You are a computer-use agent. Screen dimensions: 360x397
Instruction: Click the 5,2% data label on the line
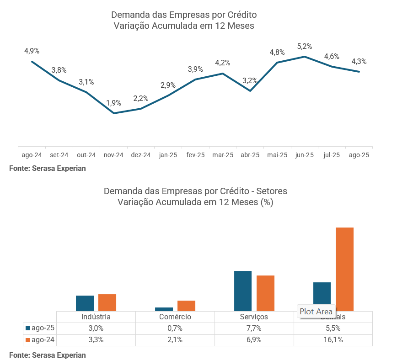point(305,46)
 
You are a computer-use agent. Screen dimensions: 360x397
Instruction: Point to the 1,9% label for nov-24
point(114,103)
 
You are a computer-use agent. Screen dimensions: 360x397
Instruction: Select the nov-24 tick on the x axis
point(113,155)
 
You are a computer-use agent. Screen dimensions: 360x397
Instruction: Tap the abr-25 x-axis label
point(250,155)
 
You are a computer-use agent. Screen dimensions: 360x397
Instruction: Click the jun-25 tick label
point(305,155)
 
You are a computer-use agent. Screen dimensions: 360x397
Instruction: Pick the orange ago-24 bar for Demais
point(345,269)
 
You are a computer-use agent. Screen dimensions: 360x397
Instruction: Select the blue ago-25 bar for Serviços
point(243,291)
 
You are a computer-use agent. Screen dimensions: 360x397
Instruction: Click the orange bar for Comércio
point(186,306)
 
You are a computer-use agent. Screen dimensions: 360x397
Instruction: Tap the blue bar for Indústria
point(85,303)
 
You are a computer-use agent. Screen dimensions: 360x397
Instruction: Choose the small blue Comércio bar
point(164,309)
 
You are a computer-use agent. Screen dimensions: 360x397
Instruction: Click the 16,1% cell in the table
point(333,340)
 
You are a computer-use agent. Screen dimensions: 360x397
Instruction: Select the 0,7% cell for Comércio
point(175,328)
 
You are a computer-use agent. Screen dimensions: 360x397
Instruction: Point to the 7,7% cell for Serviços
point(254,328)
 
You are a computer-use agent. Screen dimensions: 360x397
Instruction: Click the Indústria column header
point(96,317)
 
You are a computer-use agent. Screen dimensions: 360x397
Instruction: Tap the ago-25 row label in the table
point(43,328)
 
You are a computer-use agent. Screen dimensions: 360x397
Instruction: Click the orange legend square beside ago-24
point(28,340)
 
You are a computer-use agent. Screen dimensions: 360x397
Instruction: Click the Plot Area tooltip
point(316,312)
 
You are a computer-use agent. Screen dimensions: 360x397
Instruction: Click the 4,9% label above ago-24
point(32,51)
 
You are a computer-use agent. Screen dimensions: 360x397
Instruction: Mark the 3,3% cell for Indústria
point(96,340)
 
